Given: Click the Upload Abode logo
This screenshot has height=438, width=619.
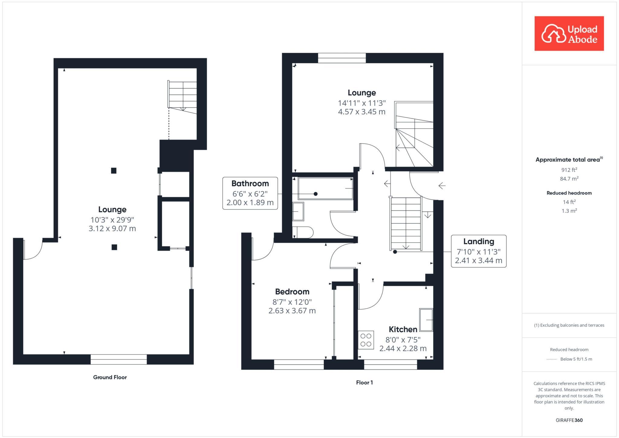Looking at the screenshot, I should tap(569, 34).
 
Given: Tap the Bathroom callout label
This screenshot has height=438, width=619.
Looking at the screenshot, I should tap(250, 193).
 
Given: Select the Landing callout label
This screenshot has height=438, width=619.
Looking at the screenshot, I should tap(478, 251).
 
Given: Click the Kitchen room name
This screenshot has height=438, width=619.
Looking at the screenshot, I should tap(403, 329).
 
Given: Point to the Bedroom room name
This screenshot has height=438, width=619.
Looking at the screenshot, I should tap(292, 292).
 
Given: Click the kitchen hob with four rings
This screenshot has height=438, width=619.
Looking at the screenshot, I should tap(366, 340).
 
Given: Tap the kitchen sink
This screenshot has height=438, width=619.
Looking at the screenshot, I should tap(426, 320).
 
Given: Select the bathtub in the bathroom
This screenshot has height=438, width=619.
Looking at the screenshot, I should tap(325, 188).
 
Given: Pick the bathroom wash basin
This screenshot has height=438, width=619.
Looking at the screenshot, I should tap(298, 211).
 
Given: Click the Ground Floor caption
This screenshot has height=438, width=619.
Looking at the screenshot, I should tap(110, 377).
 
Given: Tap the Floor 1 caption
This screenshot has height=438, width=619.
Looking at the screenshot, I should tap(364, 382).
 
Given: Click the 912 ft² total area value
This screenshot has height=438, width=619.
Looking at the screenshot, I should tap(569, 170).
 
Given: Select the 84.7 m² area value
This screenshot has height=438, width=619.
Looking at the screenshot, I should tap(569, 179).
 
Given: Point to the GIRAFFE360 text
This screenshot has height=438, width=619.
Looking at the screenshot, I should tap(569, 420).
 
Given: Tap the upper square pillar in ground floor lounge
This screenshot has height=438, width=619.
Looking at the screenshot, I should tap(114, 171).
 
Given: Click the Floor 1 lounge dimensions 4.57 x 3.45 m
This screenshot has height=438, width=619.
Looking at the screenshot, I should tap(361, 112).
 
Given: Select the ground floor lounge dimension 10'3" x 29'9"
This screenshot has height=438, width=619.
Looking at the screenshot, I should tap(112, 220).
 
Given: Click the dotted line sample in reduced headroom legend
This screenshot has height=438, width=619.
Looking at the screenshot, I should tap(552, 359).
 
